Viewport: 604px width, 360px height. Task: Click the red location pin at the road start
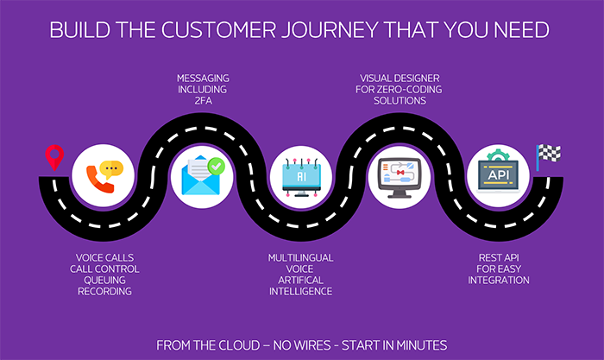(54, 156)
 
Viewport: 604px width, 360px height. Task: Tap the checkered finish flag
(549, 155)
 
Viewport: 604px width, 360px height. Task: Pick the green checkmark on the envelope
(216, 162)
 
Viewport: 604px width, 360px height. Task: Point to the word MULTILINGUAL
(301, 257)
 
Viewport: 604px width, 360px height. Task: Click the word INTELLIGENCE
(301, 291)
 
